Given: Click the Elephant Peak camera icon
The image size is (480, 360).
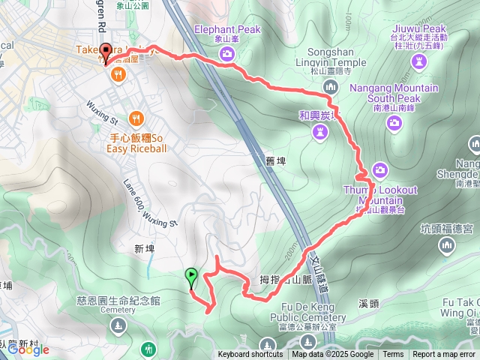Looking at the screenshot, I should (x=226, y=53).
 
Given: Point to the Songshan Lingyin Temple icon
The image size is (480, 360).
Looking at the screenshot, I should (x=331, y=88).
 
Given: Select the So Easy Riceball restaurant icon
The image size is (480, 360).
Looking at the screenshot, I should (x=136, y=118).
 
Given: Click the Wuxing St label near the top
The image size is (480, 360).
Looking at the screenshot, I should (x=103, y=113).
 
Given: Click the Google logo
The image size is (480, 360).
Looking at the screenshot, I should (x=28, y=349).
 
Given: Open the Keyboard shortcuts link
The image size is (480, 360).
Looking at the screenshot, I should (x=250, y=355).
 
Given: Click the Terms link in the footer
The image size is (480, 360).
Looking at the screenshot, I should (x=393, y=355).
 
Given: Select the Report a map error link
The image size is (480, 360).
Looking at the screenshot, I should (x=444, y=355).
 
